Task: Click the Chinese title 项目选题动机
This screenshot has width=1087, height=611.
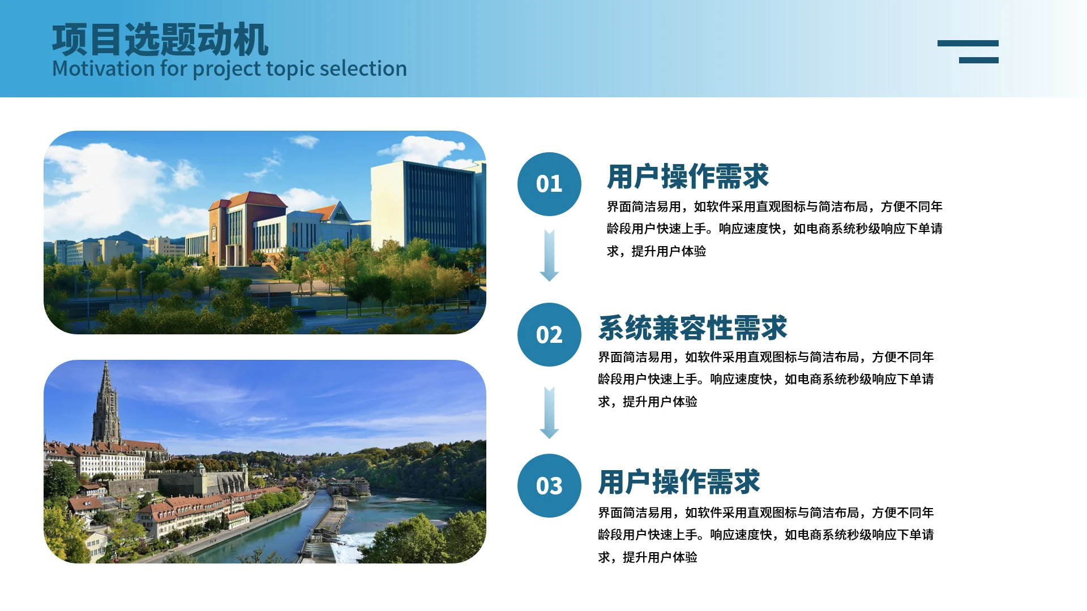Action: click(x=160, y=40)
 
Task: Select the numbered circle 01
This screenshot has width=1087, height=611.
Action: click(x=549, y=184)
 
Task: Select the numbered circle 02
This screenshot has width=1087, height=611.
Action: click(x=549, y=334)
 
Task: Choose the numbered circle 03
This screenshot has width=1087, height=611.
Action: click(x=549, y=485)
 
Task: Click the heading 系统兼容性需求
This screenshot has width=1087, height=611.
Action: click(x=692, y=328)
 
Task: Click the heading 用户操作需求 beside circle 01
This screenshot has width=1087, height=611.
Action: click(x=688, y=177)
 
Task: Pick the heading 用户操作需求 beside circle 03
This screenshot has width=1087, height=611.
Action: click(x=679, y=482)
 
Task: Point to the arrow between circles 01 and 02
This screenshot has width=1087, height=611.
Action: click(x=549, y=256)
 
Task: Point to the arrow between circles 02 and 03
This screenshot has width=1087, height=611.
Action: click(x=549, y=413)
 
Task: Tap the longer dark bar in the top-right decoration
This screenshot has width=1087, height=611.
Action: click(x=968, y=44)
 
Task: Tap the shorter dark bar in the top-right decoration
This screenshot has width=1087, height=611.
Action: click(x=979, y=60)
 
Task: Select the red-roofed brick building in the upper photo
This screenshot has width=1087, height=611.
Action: click(x=246, y=226)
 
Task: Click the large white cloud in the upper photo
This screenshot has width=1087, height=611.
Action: click(x=113, y=181)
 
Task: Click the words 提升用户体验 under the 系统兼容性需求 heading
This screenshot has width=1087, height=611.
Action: click(x=660, y=402)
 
